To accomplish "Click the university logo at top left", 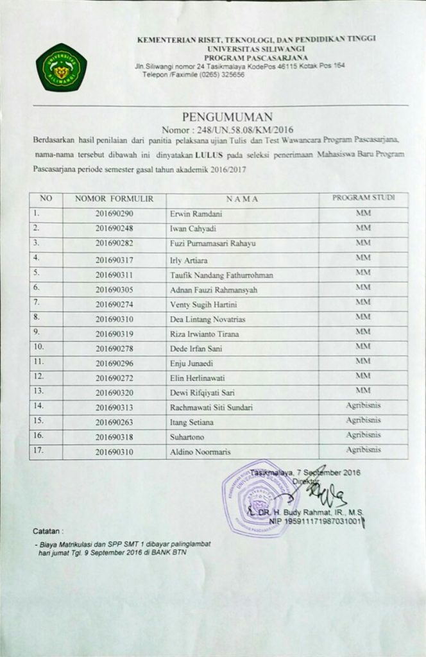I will (x=61, y=66).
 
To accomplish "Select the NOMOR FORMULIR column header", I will (x=114, y=199).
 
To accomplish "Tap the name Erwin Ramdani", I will (x=192, y=214).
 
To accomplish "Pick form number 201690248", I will (x=114, y=228).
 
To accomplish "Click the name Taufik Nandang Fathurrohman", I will (x=221, y=275).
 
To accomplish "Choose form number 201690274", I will (x=114, y=304).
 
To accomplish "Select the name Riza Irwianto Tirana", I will (x=203, y=334).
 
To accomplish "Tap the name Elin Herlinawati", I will (x=196, y=378).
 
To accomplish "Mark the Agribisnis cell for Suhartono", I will (x=363, y=434).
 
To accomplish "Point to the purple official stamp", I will (x=259, y=498).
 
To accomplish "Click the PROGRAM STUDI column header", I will (x=363, y=198).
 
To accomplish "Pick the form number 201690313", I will (x=114, y=407).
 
